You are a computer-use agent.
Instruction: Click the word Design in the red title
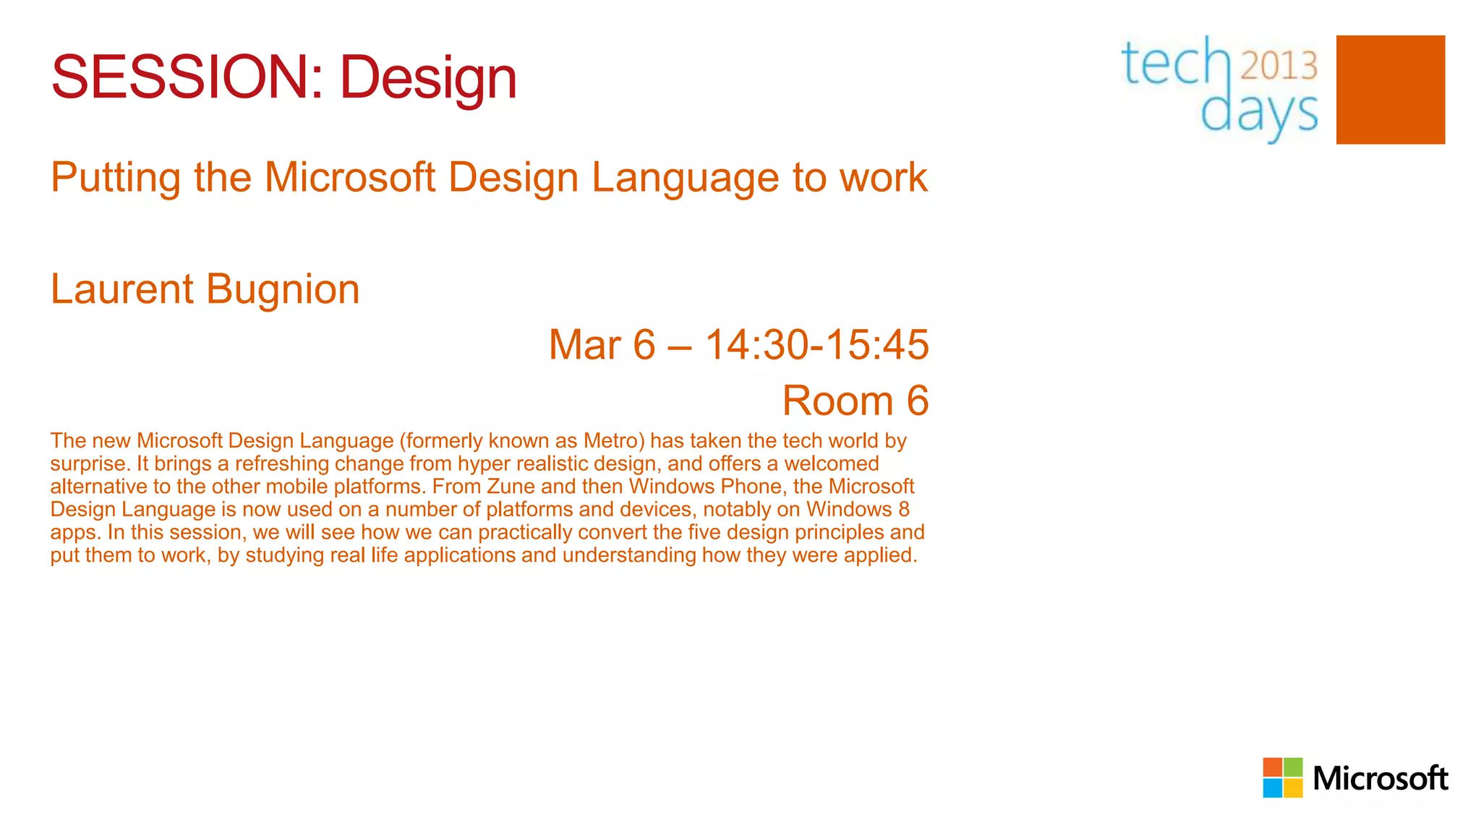pos(428,77)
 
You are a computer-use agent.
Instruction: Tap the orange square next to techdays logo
pos(1390,90)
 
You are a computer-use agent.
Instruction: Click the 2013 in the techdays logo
pos(1279,66)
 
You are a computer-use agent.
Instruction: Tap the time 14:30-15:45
pos(816,344)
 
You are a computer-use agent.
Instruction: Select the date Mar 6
pos(602,344)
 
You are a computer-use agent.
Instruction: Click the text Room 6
pos(855,401)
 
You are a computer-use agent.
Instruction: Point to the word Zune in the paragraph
pos(511,486)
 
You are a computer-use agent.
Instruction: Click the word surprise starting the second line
pos(90,464)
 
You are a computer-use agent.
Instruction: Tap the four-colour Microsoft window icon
pos(1282,777)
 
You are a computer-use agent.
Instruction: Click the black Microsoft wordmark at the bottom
pos(1380,779)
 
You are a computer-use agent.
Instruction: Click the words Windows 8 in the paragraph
pos(858,509)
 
